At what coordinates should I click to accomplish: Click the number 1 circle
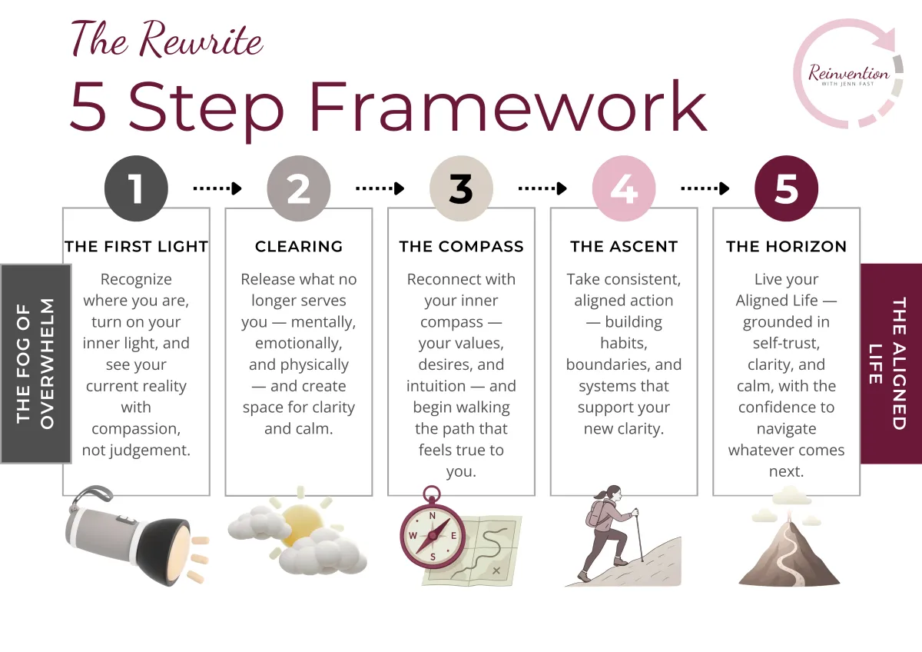(x=136, y=188)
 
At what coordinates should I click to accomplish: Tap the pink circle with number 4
(x=624, y=188)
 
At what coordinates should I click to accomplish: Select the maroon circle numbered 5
(x=786, y=188)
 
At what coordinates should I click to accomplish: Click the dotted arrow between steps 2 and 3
(x=380, y=188)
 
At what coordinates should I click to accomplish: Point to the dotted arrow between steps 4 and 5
(x=705, y=188)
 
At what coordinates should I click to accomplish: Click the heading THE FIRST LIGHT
(x=136, y=246)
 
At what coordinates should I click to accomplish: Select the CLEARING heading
(x=299, y=246)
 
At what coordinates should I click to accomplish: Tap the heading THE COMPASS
(x=462, y=246)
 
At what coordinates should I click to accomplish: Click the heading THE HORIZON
(x=786, y=246)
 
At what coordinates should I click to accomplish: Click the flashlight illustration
(x=136, y=535)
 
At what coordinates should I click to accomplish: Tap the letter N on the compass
(x=432, y=516)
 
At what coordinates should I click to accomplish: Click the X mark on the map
(x=496, y=570)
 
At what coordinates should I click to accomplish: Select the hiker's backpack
(x=595, y=514)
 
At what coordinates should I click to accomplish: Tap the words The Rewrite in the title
(x=167, y=39)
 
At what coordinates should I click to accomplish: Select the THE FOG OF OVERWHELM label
(x=35, y=364)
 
